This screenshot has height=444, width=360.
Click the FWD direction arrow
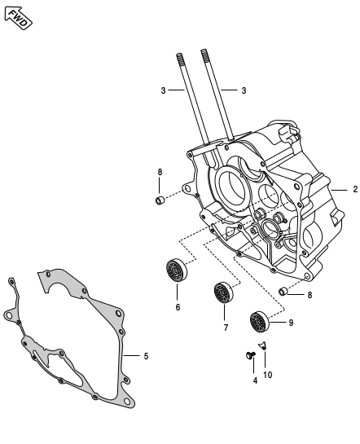18,17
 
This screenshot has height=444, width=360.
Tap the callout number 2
354,190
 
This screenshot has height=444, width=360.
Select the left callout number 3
163,90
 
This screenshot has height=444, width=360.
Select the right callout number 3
244,90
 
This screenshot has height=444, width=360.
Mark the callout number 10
268,375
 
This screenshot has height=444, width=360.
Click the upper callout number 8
160,172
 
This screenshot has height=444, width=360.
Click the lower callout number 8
310,295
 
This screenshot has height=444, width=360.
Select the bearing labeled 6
177,270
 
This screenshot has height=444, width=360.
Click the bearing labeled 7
224,292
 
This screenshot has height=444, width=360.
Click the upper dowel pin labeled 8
160,200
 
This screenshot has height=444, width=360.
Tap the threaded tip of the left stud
178,59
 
